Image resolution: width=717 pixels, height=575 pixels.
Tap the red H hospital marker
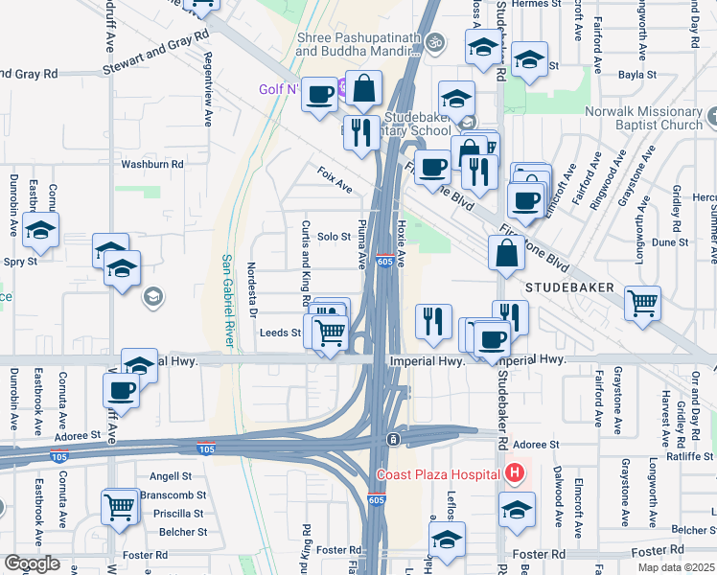tap(516, 473)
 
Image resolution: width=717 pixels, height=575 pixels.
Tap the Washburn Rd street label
tap(151, 165)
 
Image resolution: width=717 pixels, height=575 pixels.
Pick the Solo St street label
tap(335, 237)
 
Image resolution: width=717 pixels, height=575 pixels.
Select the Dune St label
tap(665, 242)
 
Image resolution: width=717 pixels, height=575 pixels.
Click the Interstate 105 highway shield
tap(206, 448)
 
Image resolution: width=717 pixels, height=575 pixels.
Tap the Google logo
tap(33, 563)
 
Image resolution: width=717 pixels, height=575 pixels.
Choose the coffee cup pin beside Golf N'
tap(320, 95)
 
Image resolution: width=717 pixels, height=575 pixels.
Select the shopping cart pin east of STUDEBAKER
tap(643, 304)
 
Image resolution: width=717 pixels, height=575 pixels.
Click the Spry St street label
tap(19, 261)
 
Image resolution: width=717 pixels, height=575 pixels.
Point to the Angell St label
tap(172, 476)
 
